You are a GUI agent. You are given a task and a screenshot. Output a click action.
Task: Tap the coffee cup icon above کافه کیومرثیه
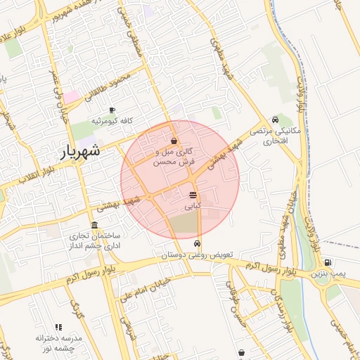112,110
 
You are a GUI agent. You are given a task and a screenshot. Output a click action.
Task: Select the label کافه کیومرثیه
112,120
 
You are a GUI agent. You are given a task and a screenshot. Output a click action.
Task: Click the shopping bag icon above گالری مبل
174,141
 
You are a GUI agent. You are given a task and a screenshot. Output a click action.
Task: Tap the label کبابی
193,207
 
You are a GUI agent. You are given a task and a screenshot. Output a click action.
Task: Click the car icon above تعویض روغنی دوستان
196,243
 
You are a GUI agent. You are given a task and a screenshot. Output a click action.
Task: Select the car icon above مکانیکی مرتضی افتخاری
274,120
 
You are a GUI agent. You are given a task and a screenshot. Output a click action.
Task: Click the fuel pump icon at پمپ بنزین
328,262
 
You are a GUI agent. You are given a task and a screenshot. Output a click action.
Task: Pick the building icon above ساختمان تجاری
94,225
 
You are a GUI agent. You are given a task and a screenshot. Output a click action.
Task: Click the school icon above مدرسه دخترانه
58,328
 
